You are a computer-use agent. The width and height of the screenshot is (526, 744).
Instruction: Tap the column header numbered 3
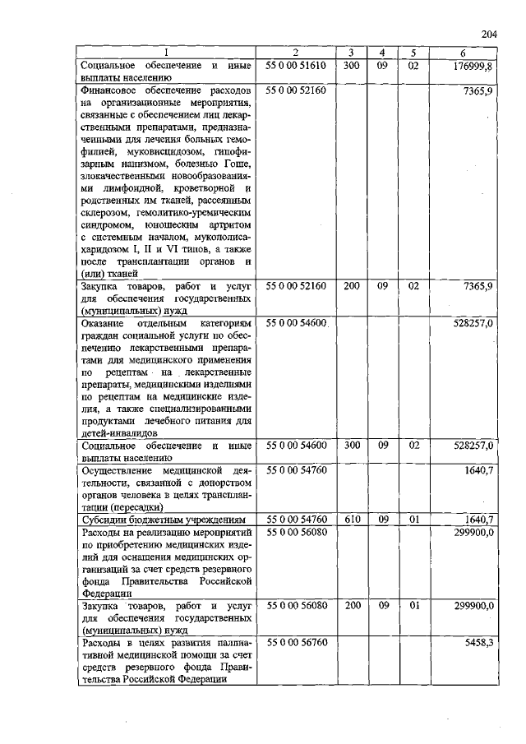pos(350,53)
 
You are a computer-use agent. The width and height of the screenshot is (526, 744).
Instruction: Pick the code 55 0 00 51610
pos(296,66)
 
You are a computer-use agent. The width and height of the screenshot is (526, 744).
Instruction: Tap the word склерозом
pos(105,212)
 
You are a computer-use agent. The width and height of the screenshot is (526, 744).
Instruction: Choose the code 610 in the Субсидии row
pos(350,520)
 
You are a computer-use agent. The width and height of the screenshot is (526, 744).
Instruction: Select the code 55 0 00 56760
pos(296,642)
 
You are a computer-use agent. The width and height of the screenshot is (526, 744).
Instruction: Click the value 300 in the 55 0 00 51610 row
pos(350,66)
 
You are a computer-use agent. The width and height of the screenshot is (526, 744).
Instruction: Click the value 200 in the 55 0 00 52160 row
pos(350,286)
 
